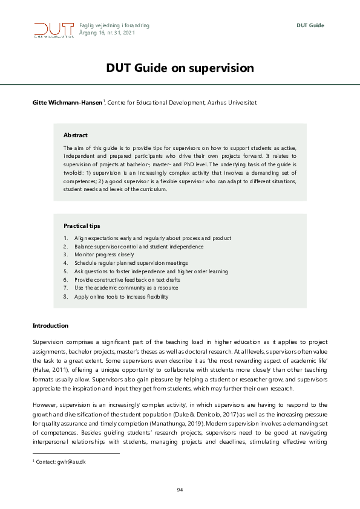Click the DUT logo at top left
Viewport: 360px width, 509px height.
(51, 30)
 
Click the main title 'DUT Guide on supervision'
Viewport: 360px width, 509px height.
(180, 68)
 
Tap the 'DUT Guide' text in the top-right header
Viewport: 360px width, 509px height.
(310, 25)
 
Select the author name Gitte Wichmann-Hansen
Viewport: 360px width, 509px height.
(67, 103)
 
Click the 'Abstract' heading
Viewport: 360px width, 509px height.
(76, 135)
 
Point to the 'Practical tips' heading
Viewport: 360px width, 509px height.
(82, 225)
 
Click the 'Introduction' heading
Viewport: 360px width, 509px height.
(50, 326)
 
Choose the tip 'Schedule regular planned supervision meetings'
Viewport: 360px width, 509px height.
(131, 264)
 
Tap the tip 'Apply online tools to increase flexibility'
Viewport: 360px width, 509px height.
(121, 297)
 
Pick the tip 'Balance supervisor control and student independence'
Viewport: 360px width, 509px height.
(139, 247)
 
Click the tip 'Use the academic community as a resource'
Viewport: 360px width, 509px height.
(126, 288)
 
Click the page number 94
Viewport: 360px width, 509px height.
(180, 489)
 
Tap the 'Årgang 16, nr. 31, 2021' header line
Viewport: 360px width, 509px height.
(107, 33)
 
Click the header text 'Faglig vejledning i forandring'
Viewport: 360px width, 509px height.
(114, 25)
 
